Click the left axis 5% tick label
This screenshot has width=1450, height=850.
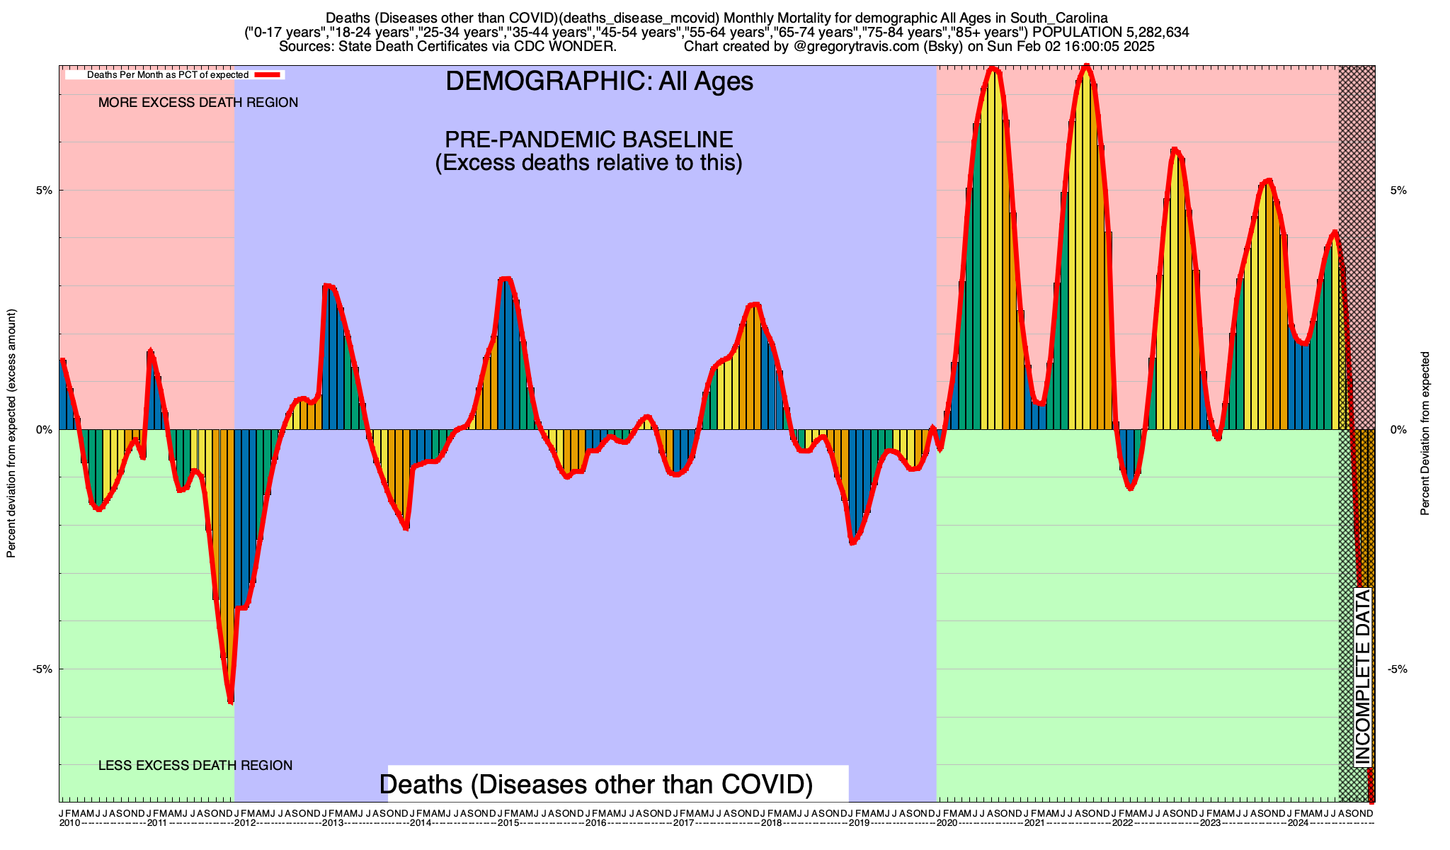(x=44, y=191)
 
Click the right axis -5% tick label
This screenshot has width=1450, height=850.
(x=1398, y=669)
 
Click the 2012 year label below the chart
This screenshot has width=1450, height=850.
(x=245, y=823)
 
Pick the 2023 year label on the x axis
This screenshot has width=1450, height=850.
(x=1211, y=823)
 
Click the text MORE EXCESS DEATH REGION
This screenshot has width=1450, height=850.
(x=198, y=103)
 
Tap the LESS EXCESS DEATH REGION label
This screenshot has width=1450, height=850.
(x=195, y=766)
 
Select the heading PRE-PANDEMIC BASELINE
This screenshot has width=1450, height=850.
(x=588, y=139)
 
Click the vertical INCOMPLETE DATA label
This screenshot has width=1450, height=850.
(x=1363, y=677)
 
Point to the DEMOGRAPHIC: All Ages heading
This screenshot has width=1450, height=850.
(x=599, y=81)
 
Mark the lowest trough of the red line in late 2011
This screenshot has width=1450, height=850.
(x=231, y=701)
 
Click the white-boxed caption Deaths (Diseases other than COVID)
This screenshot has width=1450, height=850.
(x=596, y=784)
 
